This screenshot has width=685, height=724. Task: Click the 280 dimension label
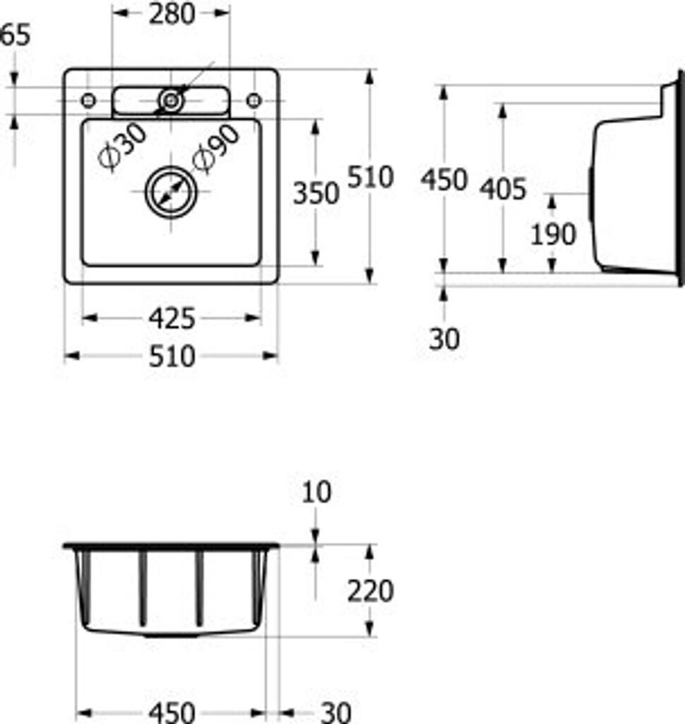[x=172, y=14]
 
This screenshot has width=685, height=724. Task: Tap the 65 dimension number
[x=16, y=35]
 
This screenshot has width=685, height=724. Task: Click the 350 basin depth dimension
[x=316, y=193]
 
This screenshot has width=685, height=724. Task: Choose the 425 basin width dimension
[x=172, y=319]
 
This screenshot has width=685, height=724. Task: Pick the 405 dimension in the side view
[x=503, y=189]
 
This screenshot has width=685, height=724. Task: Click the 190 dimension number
[x=553, y=234]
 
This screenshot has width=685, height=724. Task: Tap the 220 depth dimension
[x=371, y=591]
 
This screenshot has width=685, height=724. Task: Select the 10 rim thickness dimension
[x=316, y=492]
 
